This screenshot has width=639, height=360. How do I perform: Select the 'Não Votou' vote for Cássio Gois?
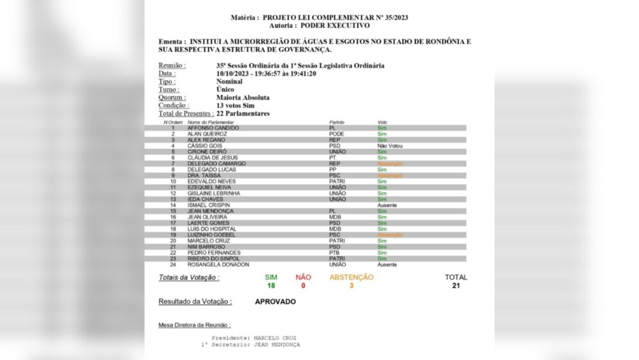click(390, 146)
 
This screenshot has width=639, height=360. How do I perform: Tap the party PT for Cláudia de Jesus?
click(332, 157)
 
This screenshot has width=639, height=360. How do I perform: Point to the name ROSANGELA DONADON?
click(218, 264)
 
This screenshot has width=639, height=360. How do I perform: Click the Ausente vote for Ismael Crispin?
click(387, 205)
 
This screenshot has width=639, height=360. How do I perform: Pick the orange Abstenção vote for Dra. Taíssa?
click(390, 175)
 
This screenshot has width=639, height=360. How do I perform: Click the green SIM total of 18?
click(271, 286)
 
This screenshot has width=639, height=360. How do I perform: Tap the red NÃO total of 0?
click(303, 286)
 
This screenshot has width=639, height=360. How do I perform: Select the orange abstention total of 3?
click(351, 286)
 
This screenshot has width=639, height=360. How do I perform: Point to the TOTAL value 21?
click(456, 286)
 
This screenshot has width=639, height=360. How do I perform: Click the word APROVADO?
click(275, 301)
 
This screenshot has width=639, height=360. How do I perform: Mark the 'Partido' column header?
click(337, 121)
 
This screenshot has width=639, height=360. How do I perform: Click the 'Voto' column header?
click(382, 121)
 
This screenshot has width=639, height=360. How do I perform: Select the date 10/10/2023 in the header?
click(231, 74)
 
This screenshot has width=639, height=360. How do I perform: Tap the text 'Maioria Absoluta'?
click(243, 98)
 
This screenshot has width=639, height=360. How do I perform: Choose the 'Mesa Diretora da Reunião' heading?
click(194, 325)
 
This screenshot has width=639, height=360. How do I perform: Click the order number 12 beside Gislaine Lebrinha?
click(173, 193)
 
